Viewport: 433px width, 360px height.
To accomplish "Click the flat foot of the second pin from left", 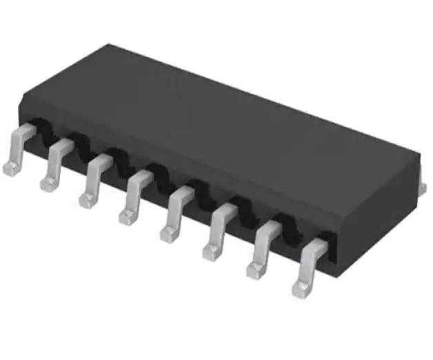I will click(49, 183).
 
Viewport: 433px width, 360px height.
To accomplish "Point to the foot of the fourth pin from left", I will click(128, 217).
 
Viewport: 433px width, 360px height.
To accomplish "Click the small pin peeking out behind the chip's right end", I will click(422, 188).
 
